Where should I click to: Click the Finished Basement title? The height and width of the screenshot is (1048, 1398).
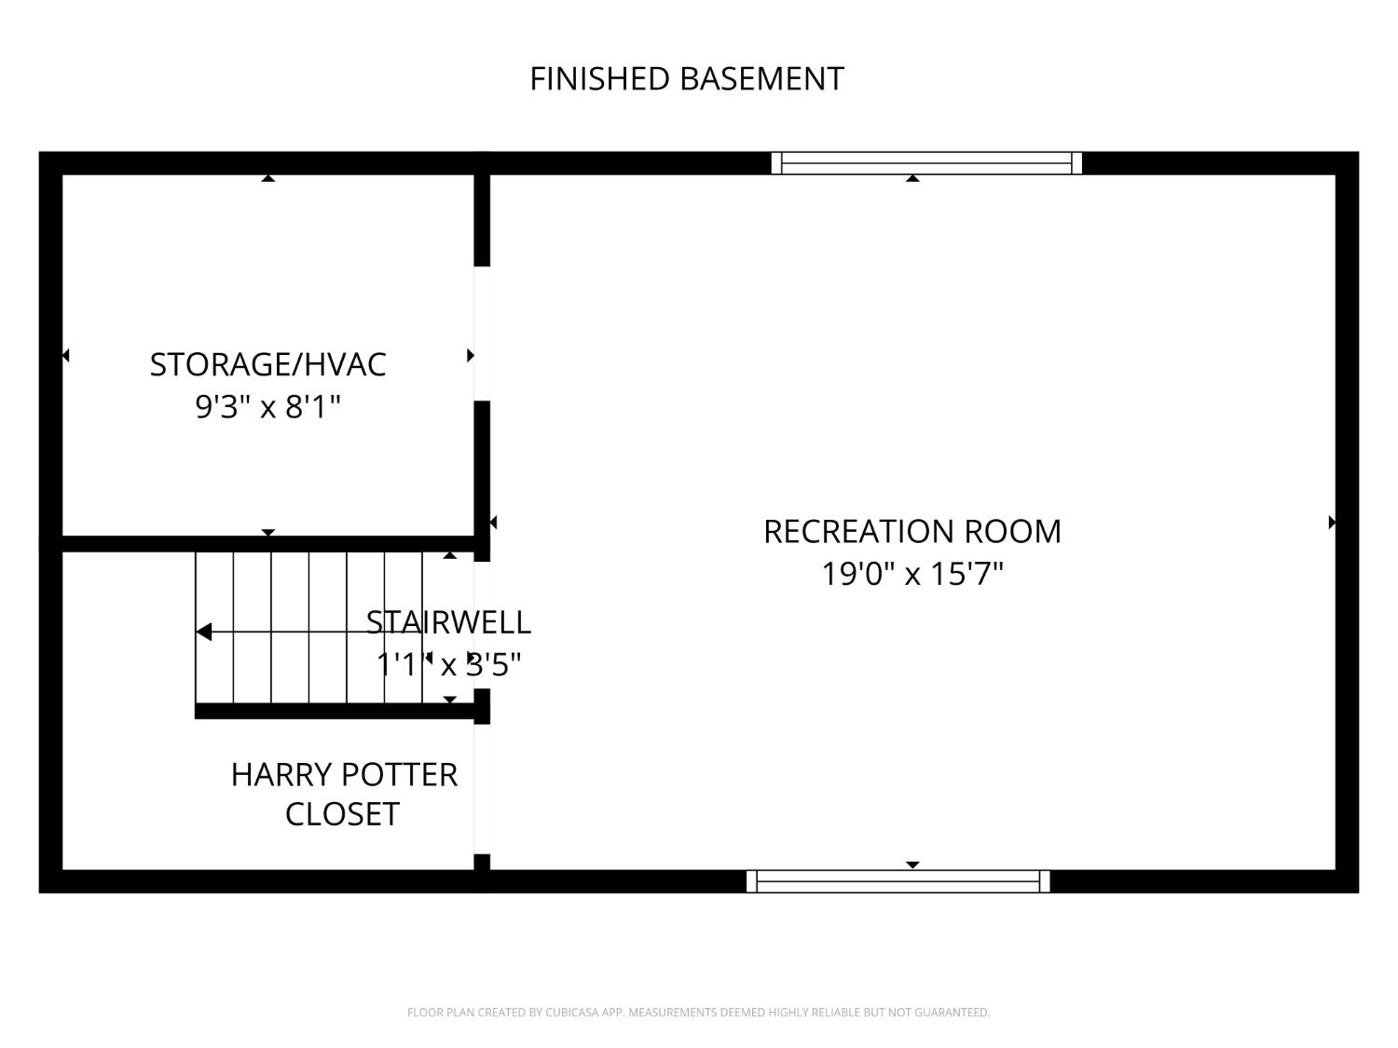tap(687, 79)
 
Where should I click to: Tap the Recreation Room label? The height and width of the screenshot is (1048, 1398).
tap(912, 532)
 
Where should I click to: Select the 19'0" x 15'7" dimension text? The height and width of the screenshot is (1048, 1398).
tap(912, 574)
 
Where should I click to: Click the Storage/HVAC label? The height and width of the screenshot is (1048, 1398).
tap(267, 365)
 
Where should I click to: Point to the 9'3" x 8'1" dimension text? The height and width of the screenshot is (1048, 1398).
tap(267, 406)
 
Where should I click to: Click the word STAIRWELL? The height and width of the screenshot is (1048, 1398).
tap(448, 622)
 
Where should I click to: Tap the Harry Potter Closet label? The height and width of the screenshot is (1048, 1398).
tap(344, 794)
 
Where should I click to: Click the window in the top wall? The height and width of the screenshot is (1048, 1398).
tap(926, 163)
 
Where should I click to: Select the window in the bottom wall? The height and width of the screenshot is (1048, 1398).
tap(898, 881)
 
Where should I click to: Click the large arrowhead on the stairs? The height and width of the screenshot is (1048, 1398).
tap(204, 632)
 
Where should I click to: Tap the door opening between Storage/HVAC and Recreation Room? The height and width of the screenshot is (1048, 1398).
tap(482, 333)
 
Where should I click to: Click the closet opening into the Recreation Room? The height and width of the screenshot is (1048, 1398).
tap(482, 789)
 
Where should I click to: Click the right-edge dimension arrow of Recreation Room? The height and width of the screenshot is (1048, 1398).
tap(1332, 523)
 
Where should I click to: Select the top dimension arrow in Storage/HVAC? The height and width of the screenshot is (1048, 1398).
tap(268, 178)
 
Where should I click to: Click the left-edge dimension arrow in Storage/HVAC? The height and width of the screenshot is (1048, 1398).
tap(65, 355)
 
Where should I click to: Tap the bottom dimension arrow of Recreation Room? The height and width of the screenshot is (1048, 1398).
tap(912, 864)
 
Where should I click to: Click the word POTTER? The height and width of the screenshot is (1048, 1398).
tap(400, 775)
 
